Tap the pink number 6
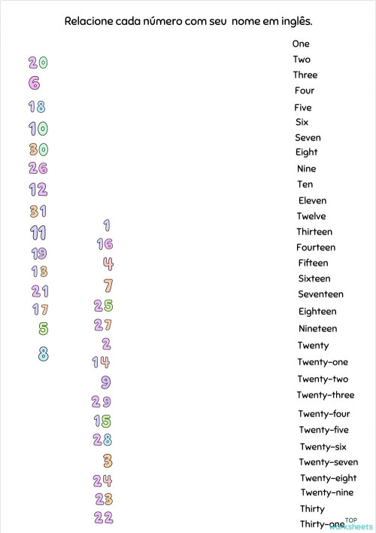[x=34, y=84]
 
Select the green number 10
[x=38, y=129]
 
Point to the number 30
[x=38, y=149]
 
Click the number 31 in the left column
[x=38, y=212]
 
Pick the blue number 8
[x=44, y=353]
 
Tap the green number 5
[x=44, y=328]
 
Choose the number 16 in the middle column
[x=105, y=244]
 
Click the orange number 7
[x=108, y=285]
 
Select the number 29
[x=102, y=402]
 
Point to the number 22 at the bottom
[x=104, y=517]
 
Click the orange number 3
[x=108, y=460]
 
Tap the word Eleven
[x=312, y=200]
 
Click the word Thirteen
[x=314, y=232]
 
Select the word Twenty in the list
[x=313, y=346]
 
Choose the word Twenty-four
[x=323, y=413]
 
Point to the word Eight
[x=306, y=152]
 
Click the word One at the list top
[x=300, y=44]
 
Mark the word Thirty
[x=312, y=509]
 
